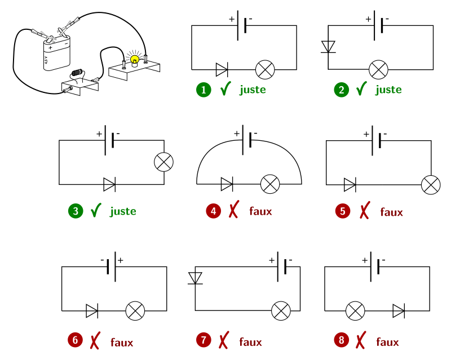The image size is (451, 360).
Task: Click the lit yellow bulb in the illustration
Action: (x=134, y=59)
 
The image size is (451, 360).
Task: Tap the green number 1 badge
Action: (x=204, y=90)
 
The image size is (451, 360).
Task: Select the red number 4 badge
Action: (x=213, y=212)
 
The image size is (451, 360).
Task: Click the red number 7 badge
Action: (x=204, y=340)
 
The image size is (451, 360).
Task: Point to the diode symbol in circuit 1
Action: (x=222, y=70)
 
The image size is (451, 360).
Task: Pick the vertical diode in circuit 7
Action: (x=195, y=278)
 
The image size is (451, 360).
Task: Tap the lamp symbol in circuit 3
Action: (x=164, y=162)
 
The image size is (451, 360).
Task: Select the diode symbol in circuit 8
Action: (x=399, y=310)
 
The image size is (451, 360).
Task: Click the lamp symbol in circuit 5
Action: (x=431, y=185)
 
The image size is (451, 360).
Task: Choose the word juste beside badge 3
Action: (x=123, y=212)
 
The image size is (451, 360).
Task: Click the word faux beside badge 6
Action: (x=122, y=342)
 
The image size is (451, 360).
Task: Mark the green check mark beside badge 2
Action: (x=361, y=89)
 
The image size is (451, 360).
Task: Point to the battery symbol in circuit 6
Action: (x=112, y=266)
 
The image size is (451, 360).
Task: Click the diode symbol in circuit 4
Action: (x=227, y=184)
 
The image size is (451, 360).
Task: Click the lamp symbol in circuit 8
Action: (x=355, y=310)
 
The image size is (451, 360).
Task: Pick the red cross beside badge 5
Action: (x=364, y=211)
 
